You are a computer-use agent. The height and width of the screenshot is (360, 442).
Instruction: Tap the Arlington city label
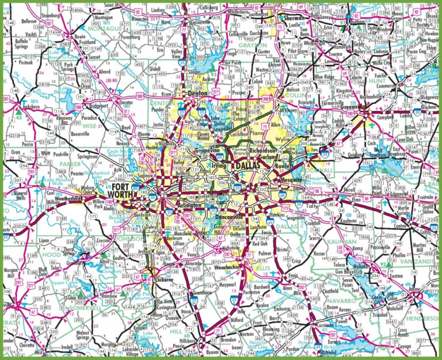pyautogui.click(x=190, y=205)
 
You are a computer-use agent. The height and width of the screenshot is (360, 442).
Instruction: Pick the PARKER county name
pyautogui.click(x=69, y=164)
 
